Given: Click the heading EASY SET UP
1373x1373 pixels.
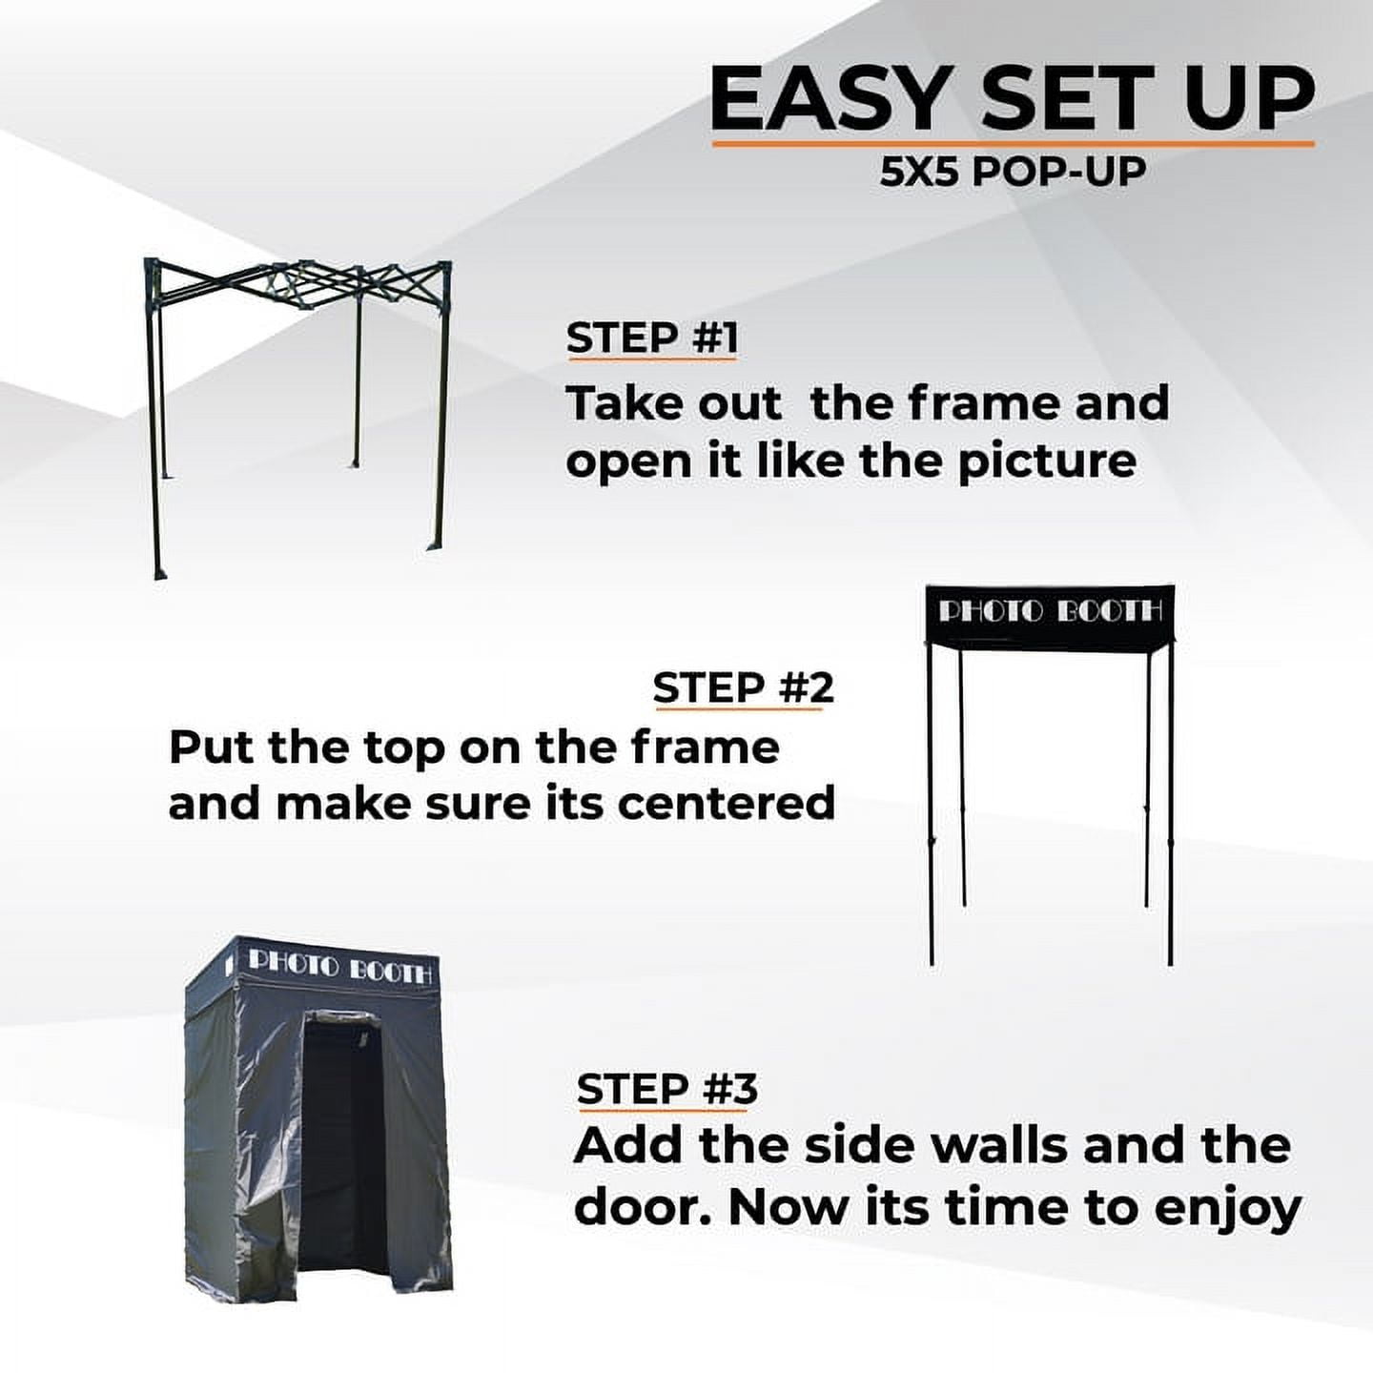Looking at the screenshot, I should [x=1013, y=99].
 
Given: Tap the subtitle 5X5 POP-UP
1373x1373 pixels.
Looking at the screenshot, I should [x=1013, y=172].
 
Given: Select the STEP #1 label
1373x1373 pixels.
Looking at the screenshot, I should [x=652, y=338].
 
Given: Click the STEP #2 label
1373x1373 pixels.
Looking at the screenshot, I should [x=743, y=687].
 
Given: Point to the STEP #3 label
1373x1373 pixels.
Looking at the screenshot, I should [x=667, y=1088].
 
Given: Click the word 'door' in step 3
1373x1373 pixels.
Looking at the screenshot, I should [x=642, y=1207].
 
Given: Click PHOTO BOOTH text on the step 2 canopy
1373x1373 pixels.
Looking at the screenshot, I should [x=1051, y=611].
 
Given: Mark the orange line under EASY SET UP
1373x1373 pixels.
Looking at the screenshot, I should [x=1013, y=144].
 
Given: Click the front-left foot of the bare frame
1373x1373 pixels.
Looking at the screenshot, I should [x=159, y=572].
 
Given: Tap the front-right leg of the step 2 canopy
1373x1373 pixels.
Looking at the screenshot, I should [x=1170, y=810].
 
